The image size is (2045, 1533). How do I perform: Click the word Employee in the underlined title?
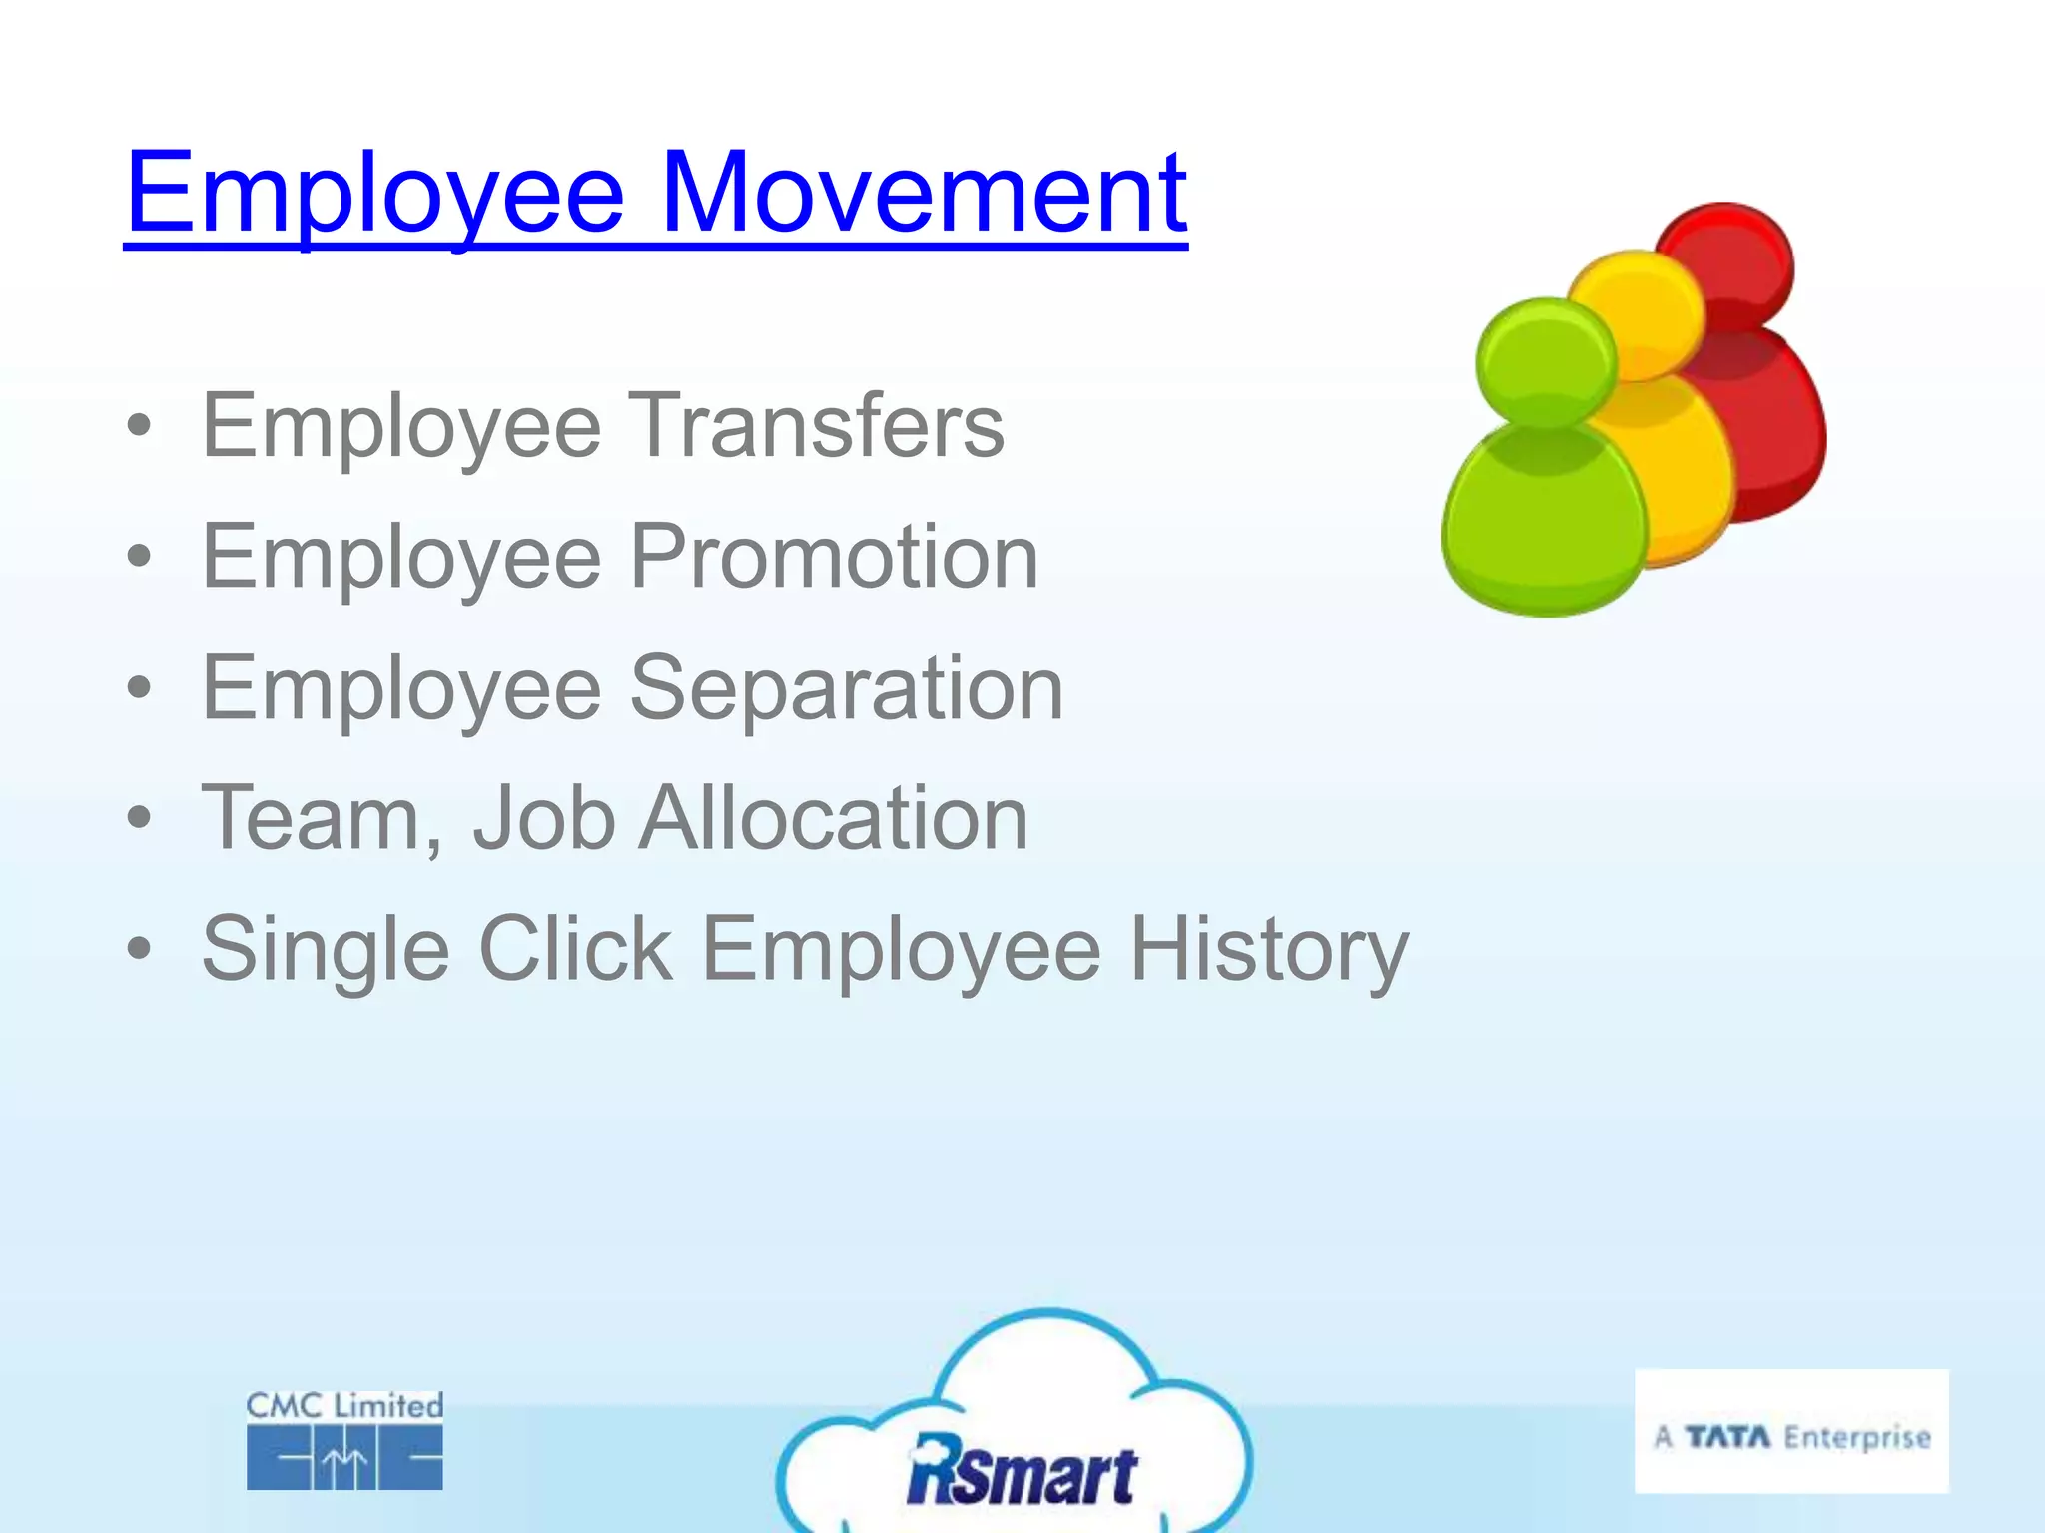click(x=374, y=195)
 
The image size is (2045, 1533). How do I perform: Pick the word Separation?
click(x=846, y=688)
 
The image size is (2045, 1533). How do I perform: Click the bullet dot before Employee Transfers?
click(x=140, y=426)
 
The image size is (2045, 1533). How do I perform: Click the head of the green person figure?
click(x=1546, y=361)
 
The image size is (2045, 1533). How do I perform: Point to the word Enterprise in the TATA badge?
click(x=1857, y=1437)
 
